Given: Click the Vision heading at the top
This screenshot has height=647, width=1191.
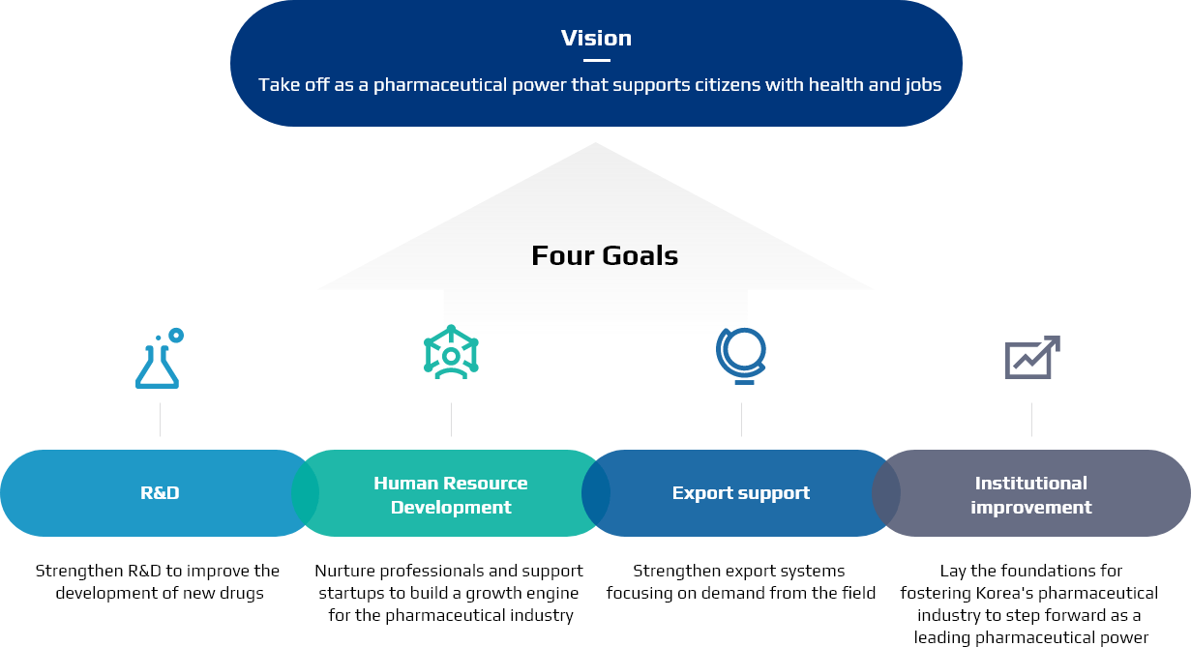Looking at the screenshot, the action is pyautogui.click(x=596, y=38).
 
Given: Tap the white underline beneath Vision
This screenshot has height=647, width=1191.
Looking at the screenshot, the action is pyautogui.click(x=597, y=60).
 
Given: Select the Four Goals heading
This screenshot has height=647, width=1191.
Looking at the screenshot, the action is pyautogui.click(x=605, y=255).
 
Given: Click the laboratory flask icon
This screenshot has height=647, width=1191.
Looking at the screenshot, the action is pyautogui.click(x=158, y=367).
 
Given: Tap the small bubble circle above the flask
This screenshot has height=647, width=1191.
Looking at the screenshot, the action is pyautogui.click(x=176, y=336).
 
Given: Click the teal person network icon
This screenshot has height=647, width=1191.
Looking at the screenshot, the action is pyautogui.click(x=451, y=352).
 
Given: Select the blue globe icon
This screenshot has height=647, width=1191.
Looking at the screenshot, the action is pyautogui.click(x=741, y=356).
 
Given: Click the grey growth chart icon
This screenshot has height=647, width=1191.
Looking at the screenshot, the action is pyautogui.click(x=1032, y=357).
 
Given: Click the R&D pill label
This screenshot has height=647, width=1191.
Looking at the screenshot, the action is pyautogui.click(x=160, y=493).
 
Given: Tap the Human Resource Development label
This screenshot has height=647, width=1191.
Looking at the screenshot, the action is pyautogui.click(x=451, y=495).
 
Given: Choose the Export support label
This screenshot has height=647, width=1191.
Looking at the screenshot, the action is pyautogui.click(x=741, y=493).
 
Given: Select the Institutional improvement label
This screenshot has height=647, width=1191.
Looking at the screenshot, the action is pyautogui.click(x=1031, y=495).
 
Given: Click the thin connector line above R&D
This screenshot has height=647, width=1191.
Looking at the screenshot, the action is pyautogui.click(x=160, y=420).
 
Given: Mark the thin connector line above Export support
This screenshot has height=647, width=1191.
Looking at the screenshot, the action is pyautogui.click(x=741, y=420).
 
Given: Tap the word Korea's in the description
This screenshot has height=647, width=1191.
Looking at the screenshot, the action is pyautogui.click(x=1005, y=593).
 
